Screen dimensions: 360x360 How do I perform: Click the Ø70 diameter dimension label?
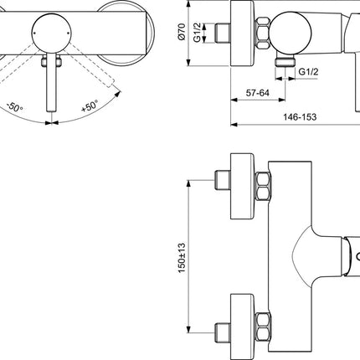pyautogui.click(x=182, y=32)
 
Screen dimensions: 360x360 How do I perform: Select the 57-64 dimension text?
pyautogui.click(x=258, y=93)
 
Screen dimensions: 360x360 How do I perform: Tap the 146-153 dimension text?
pyautogui.click(x=300, y=117)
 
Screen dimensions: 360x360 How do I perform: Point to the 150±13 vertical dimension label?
pyautogui.click(x=182, y=258)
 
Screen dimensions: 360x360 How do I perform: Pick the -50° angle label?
pyautogui.click(x=15, y=107)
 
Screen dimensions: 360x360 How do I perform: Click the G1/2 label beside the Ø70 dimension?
pyautogui.click(x=198, y=33)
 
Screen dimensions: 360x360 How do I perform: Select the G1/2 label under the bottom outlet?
pyautogui.click(x=308, y=72)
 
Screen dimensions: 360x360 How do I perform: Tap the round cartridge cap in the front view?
pyautogui.click(x=52, y=33)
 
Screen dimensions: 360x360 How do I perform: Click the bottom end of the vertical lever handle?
pyautogui.click(x=52, y=111)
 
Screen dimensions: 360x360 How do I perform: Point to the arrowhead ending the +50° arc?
pyautogui.click(x=118, y=94)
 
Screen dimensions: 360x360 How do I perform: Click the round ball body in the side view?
pyautogui.click(x=291, y=33)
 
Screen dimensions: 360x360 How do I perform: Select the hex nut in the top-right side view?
pyautogui.click(x=263, y=33)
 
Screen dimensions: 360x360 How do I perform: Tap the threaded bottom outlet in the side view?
pyautogui.click(x=285, y=61)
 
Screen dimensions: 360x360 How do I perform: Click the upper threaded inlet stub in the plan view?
pyautogui.click(x=223, y=180)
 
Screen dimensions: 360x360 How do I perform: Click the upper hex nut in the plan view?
pyautogui.click(x=263, y=186)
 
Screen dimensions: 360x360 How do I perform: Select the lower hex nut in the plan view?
pyautogui.click(x=263, y=327)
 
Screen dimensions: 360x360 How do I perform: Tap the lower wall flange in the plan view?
pyautogui.click(x=242, y=327)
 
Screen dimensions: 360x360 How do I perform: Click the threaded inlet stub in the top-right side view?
pyautogui.click(x=223, y=33)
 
